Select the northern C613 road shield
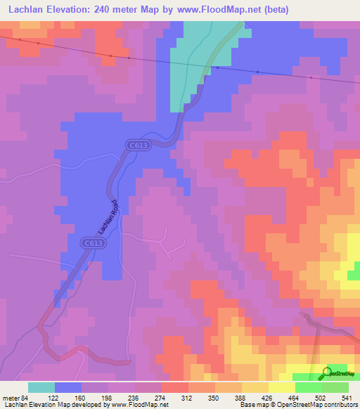137,145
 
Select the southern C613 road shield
89,242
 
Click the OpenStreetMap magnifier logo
327,372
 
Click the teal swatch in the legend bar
41,387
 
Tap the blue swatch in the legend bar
68,387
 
